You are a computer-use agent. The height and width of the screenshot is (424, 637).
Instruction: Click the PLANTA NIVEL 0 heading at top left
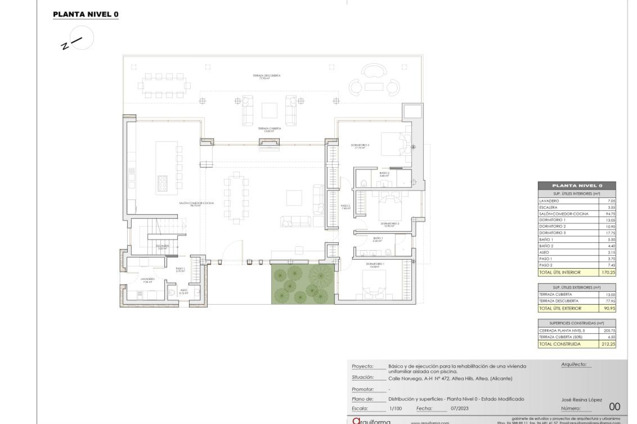86,14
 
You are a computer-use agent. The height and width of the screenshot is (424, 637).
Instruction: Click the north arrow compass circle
82,38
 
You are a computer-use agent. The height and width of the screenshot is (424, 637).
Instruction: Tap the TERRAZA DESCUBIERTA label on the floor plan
266,76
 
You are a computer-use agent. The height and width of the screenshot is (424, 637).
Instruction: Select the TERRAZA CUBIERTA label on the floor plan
269,129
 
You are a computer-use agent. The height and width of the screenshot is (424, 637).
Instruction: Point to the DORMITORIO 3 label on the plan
360,145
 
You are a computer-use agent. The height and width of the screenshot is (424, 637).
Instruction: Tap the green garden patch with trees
303,284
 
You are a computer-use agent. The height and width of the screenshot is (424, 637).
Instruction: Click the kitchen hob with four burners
163,183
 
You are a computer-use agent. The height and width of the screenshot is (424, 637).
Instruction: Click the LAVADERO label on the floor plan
147,279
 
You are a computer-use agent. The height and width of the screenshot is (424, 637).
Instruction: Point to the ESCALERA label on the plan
163,246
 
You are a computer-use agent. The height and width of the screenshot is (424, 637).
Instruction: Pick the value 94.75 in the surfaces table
610,214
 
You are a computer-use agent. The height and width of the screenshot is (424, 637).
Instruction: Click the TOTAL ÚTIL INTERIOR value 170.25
608,273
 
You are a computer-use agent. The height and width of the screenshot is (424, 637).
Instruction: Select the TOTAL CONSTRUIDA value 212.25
608,344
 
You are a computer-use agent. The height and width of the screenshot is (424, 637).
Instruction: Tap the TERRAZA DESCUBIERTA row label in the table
559,301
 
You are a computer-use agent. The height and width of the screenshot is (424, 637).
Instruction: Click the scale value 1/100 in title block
395,408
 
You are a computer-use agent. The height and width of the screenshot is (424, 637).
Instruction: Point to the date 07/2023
460,408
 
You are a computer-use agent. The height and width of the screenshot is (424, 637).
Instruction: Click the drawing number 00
614,406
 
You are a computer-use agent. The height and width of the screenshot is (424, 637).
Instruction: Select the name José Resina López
581,400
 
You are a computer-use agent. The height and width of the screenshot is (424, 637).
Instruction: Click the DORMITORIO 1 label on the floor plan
375,264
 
